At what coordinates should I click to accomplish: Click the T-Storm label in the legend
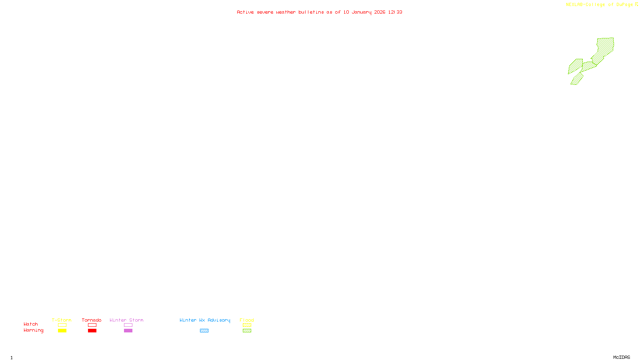62,320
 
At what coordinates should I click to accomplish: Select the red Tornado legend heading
92,320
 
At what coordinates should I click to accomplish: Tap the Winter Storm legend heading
126,320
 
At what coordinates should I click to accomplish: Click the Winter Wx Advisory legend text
205,320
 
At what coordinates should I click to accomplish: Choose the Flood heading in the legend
247,320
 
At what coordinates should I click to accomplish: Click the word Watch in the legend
31,324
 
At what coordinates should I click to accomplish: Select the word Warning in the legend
34,330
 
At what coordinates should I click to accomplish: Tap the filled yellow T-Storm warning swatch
62,331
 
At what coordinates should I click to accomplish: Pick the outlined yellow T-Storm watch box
62,325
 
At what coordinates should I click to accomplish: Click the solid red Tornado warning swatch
92,331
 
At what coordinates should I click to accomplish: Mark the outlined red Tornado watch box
92,325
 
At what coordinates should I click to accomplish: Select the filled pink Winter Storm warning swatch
128,331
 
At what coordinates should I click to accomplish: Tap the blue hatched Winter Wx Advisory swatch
204,331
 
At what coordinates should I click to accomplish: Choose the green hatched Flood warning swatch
247,331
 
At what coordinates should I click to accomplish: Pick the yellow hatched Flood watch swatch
247,325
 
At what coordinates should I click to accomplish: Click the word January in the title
361,12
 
